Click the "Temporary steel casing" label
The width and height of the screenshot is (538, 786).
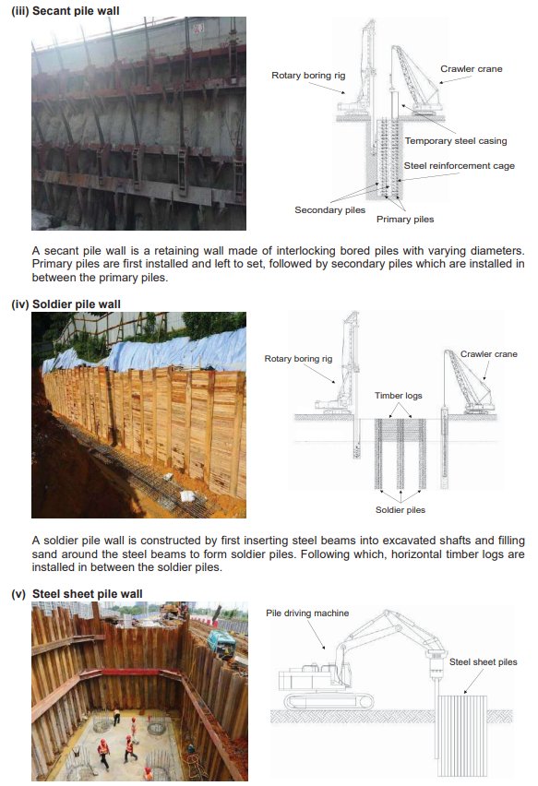coord(455,141)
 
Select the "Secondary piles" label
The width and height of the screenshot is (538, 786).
coord(329,209)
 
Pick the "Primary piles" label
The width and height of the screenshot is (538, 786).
coord(404,220)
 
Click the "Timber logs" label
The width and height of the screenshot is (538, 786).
coord(398,395)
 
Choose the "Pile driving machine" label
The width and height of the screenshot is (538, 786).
coord(307,613)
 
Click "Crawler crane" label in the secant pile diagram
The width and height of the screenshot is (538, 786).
coord(471,68)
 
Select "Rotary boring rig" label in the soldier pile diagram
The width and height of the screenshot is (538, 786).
coord(298,358)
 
